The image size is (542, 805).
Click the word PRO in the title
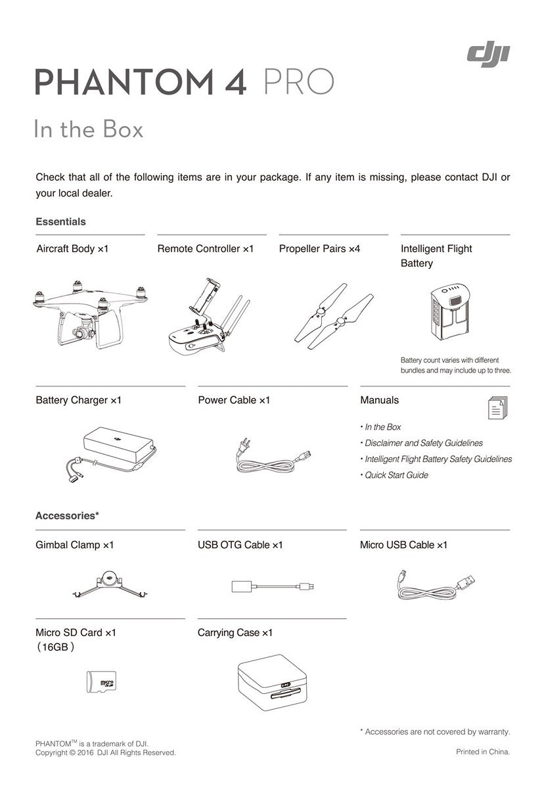click(298, 83)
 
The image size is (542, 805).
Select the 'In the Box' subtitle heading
click(89, 129)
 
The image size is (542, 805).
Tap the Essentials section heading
click(60, 222)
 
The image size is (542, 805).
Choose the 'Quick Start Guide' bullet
click(396, 475)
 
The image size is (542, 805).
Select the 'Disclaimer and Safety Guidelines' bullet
click(423, 443)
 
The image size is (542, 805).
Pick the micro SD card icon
click(101, 682)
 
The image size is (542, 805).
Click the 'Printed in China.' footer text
click(483, 752)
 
